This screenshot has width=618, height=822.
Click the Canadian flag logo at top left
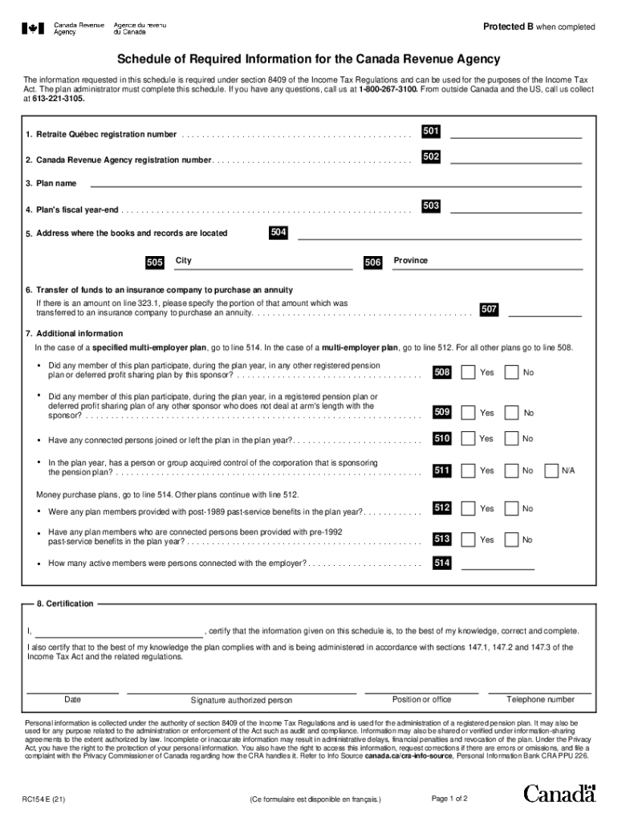(x=33, y=28)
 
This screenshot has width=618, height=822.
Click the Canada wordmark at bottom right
(x=559, y=794)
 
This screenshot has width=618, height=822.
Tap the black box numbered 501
(x=431, y=132)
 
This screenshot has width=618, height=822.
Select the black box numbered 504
(x=279, y=233)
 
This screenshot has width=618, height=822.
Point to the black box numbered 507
(x=489, y=309)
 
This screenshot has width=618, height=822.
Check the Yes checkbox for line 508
(x=469, y=372)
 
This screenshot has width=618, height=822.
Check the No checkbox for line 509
(x=510, y=413)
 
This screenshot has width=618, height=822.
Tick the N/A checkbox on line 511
(x=551, y=470)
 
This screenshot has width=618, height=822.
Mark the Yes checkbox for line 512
(x=469, y=509)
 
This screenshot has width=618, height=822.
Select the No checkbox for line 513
(x=510, y=539)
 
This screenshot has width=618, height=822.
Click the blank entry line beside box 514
(x=502, y=564)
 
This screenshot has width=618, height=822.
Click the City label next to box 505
(x=184, y=261)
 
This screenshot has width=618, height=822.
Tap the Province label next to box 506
(x=410, y=261)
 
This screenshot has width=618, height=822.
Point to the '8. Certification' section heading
(x=65, y=604)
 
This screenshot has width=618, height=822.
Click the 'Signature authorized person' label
(x=242, y=700)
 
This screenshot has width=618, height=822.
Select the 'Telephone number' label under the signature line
(x=540, y=699)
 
